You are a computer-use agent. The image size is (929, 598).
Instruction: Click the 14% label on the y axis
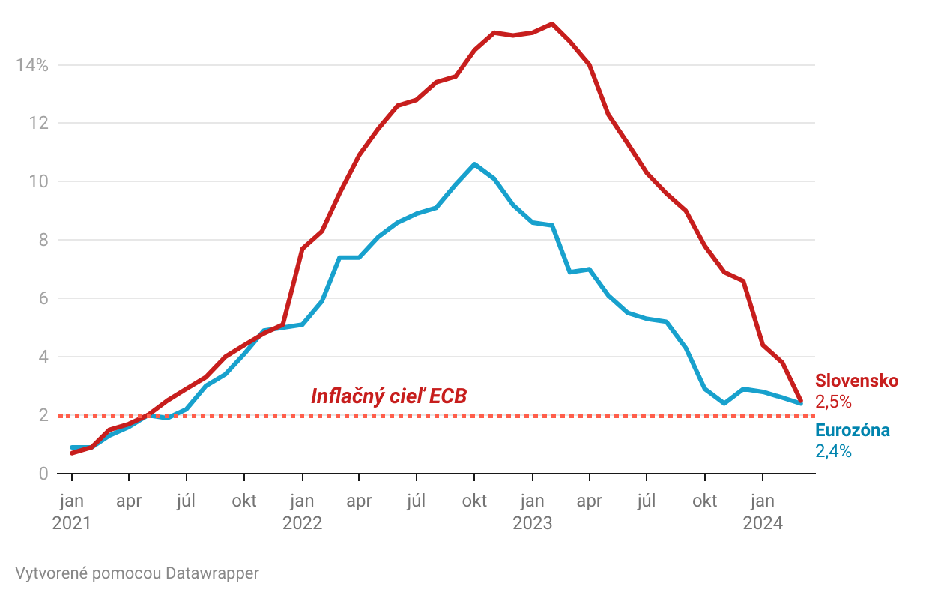31,65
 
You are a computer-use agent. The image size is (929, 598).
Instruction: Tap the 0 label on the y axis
43,474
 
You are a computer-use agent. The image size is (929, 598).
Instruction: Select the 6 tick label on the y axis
43,298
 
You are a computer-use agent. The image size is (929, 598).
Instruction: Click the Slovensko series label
856,381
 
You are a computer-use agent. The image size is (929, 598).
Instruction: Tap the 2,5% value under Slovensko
834,402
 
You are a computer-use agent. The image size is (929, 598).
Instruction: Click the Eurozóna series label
852,430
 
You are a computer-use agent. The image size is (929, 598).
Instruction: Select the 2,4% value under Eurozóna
833,451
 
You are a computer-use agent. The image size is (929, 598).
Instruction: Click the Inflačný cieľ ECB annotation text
389,396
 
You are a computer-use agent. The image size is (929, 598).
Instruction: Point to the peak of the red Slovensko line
551,24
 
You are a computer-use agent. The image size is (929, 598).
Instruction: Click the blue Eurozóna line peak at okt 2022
474,164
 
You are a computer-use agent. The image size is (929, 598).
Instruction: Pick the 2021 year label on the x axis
71,522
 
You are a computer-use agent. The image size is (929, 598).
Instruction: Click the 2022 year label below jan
302,522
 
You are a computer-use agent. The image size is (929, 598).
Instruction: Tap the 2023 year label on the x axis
532,522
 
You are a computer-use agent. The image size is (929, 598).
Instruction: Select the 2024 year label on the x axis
763,522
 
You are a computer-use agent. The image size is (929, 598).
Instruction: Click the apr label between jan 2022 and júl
360,501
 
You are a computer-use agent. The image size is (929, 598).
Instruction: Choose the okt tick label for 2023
704,501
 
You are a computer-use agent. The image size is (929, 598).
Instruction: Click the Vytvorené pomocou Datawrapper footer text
137,573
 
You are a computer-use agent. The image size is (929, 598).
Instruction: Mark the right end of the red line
801,401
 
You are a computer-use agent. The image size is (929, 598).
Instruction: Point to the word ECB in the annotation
449,396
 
